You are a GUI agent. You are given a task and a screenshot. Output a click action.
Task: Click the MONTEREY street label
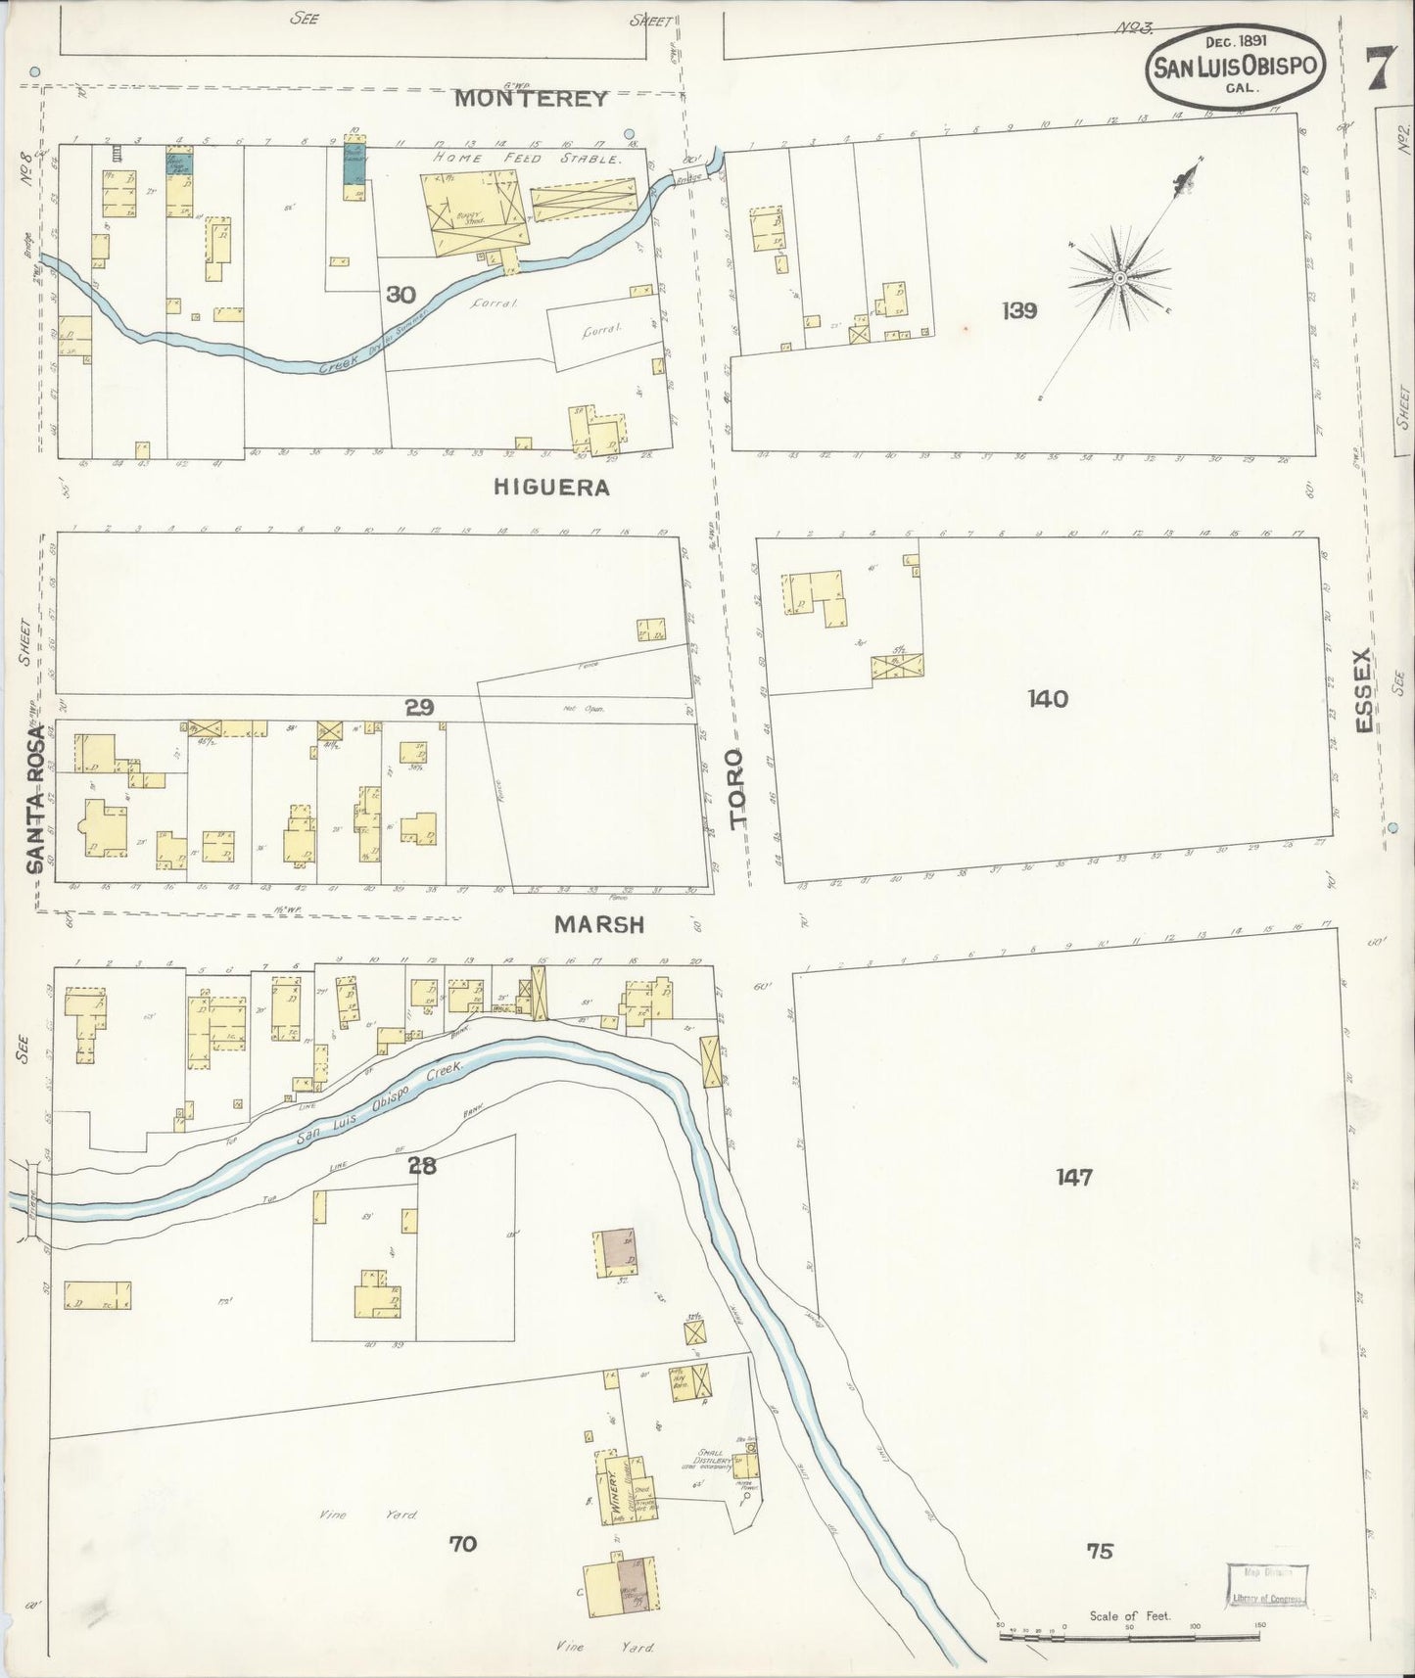(532, 99)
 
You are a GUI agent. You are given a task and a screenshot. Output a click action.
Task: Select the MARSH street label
(598, 923)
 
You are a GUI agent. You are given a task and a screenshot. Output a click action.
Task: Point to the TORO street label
(737, 791)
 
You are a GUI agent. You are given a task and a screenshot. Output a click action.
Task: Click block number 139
(1019, 311)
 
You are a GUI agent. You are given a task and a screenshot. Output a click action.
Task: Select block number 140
(1047, 698)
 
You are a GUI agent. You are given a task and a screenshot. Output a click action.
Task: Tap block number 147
(1073, 1177)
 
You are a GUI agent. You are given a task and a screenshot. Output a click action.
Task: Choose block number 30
(398, 293)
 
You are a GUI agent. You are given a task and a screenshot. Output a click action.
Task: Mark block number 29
(419, 706)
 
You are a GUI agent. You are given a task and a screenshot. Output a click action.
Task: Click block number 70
(462, 1544)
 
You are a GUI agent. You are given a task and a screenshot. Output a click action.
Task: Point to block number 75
(1100, 1551)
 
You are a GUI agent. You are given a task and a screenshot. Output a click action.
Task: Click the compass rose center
(1118, 279)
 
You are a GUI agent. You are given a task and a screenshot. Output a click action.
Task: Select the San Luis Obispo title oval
(1238, 69)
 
